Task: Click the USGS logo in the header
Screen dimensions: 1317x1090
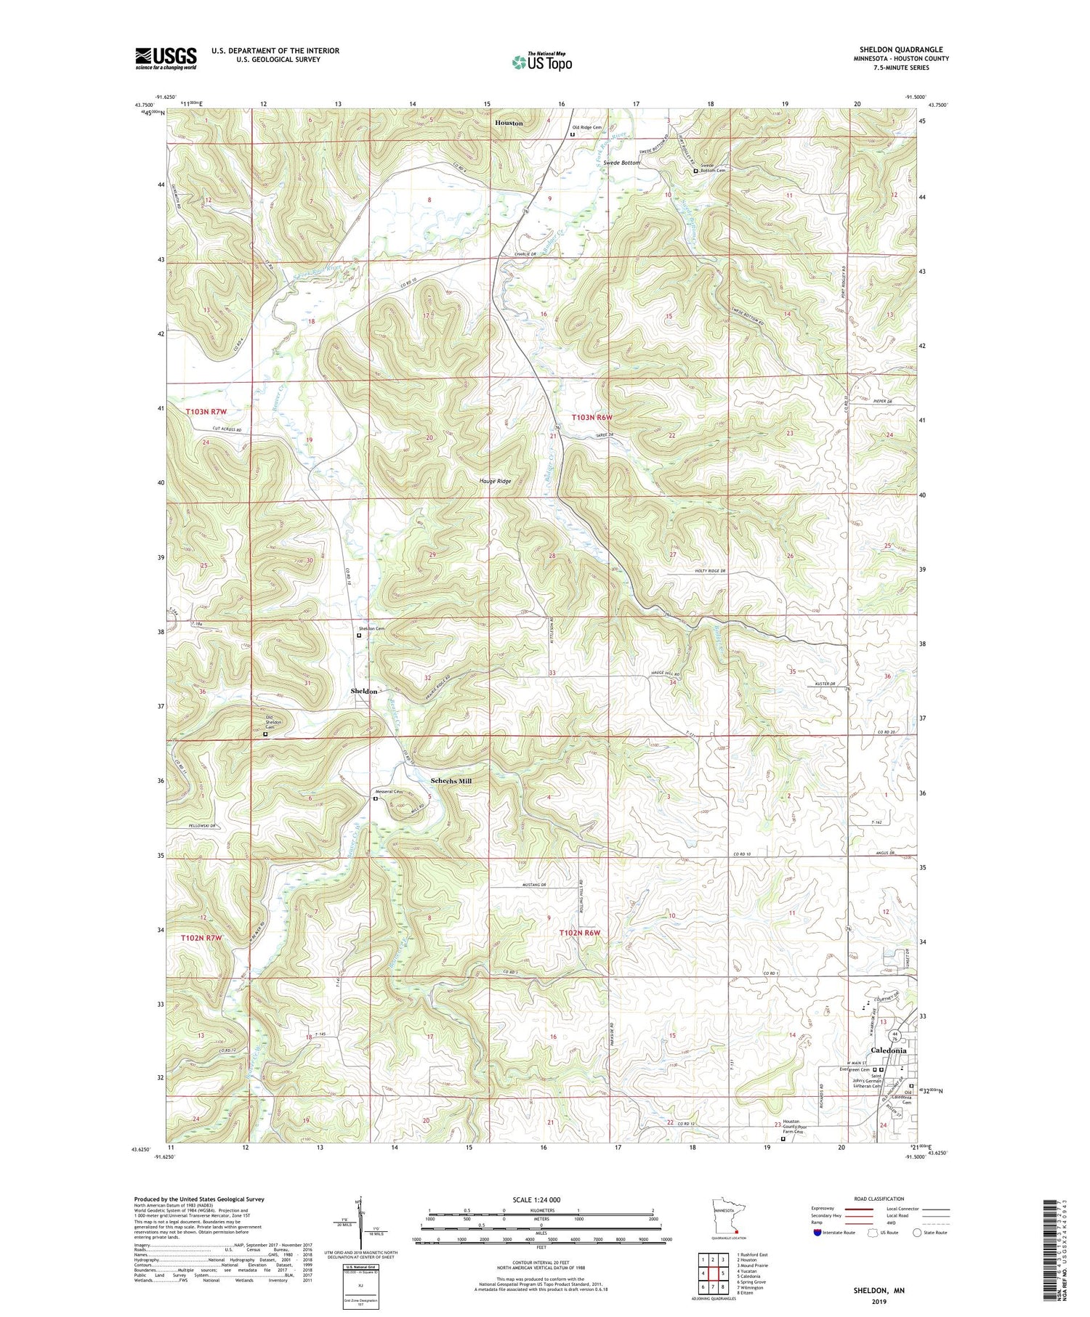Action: (166, 58)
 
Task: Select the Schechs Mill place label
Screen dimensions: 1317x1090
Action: (451, 781)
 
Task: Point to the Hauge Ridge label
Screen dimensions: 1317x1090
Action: (495, 481)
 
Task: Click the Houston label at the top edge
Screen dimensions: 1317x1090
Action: (509, 123)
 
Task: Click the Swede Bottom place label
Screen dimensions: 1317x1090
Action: (621, 163)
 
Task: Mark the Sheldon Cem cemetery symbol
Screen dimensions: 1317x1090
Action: (358, 636)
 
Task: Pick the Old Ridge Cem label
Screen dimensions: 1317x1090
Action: (587, 127)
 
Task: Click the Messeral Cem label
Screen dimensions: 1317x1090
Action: (389, 791)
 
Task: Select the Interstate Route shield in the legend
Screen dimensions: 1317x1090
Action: (817, 1232)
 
